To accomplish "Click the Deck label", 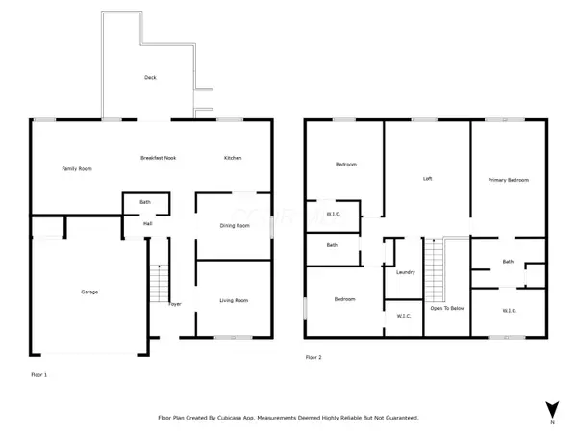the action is [150, 77].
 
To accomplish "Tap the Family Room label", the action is [77, 169].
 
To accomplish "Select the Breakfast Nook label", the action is [159, 158].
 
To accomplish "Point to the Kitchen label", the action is [233, 158].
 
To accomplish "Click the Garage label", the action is [89, 292].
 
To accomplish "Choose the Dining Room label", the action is [235, 226].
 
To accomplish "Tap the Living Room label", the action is [234, 300].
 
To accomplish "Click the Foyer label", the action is [175, 304].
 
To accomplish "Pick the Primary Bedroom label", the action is [509, 180].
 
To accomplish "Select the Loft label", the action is [427, 179].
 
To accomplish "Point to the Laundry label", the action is [406, 272].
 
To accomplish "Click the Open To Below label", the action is [447, 308].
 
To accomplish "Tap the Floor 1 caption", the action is [39, 375].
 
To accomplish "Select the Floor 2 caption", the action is [314, 357].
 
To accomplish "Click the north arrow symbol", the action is [552, 410].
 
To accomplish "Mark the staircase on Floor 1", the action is [159, 283].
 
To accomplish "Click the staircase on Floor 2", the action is [435, 269].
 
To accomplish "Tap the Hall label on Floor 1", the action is [147, 223].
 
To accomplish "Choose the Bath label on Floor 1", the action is [145, 202].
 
